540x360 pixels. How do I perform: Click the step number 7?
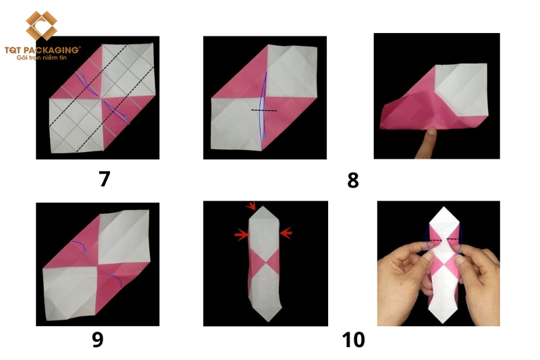(x=105, y=179)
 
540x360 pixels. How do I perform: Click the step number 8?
(x=353, y=180)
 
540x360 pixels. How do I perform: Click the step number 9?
(x=98, y=339)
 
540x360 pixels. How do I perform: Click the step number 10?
(x=353, y=340)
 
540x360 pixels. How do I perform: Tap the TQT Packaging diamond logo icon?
(x=41, y=26)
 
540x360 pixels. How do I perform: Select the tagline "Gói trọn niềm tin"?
(x=41, y=58)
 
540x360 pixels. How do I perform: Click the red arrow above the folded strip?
(x=251, y=205)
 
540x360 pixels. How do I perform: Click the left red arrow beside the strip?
(x=242, y=235)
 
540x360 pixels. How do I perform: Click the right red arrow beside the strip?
(x=286, y=233)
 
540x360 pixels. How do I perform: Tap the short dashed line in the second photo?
(x=264, y=111)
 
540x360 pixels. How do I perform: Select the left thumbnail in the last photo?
(x=430, y=255)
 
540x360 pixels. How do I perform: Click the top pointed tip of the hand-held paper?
(x=444, y=207)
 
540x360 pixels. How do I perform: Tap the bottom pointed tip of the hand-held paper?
(x=443, y=323)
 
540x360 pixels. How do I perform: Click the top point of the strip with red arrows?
(x=263, y=207)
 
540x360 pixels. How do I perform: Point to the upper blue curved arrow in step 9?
(x=80, y=245)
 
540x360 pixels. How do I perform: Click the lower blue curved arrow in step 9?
(x=117, y=279)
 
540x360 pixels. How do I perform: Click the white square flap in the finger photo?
(x=462, y=89)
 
